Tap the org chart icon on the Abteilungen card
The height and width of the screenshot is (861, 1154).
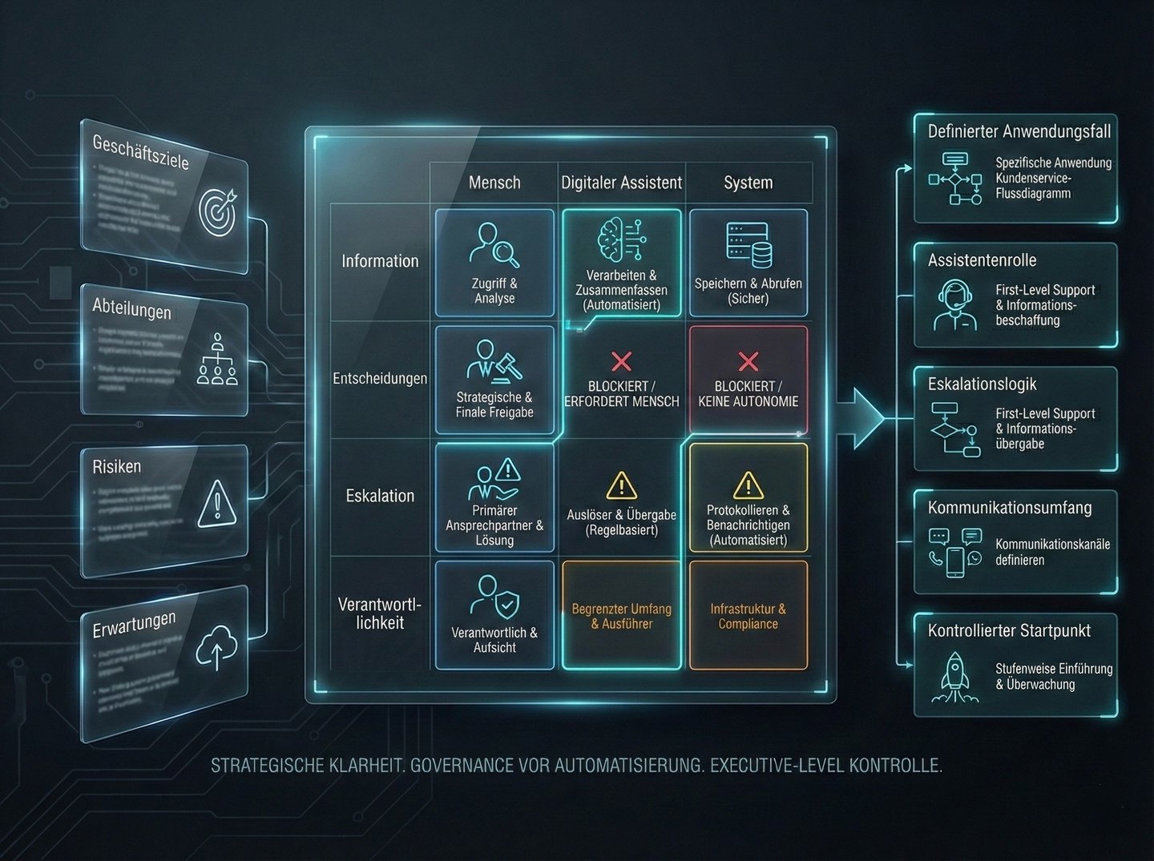pos(217,360)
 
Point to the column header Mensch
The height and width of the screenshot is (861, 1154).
pos(494,183)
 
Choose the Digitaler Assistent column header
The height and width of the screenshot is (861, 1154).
pos(621,183)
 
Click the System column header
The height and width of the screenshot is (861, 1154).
pos(748,183)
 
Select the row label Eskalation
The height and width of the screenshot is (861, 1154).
pos(380,496)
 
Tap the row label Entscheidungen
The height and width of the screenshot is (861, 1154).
pos(380,378)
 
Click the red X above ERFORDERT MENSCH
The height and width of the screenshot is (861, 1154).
pos(621,361)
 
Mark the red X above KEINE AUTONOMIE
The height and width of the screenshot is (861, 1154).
pos(748,361)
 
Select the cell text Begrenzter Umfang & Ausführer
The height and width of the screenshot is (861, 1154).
pos(621,616)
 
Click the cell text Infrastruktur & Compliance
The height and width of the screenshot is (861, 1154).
pos(748,616)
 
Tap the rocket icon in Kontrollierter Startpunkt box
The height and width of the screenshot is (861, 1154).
pos(955,676)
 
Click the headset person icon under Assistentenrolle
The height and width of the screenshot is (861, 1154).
pos(955,305)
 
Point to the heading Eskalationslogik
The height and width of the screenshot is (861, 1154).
pos(982,384)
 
